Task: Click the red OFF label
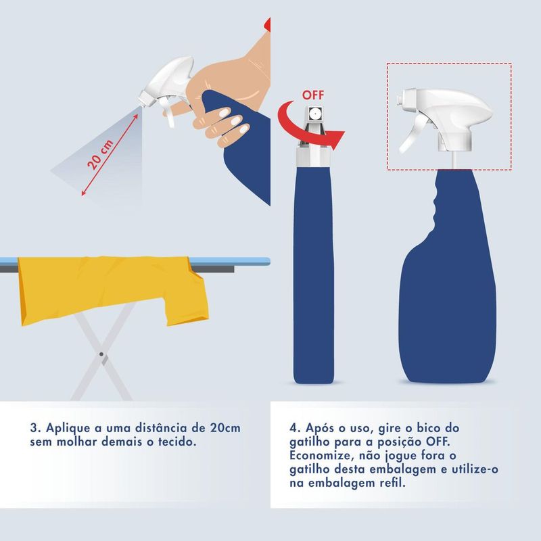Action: pos(312,94)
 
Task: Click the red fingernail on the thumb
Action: pos(268,26)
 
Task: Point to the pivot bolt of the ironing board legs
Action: pos(100,354)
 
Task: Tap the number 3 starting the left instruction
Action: pos(34,429)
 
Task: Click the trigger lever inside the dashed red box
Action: pos(408,139)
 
